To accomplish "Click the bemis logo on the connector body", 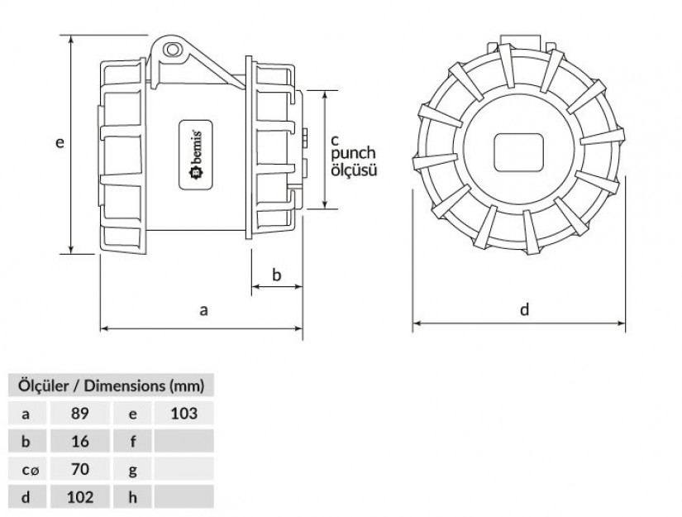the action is pyautogui.click(x=196, y=155).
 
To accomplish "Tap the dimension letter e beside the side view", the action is pyautogui.click(x=60, y=142).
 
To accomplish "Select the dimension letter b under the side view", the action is pyautogui.click(x=277, y=275).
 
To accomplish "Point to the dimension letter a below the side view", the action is pyautogui.click(x=203, y=310).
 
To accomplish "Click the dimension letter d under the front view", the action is pyautogui.click(x=525, y=309).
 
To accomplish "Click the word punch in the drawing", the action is pyautogui.click(x=353, y=153).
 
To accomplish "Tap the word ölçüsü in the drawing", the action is pyautogui.click(x=354, y=170).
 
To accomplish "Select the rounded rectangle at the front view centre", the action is pyautogui.click(x=519, y=152).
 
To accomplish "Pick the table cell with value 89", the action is pyautogui.click(x=80, y=413).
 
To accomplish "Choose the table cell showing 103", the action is pyautogui.click(x=184, y=413).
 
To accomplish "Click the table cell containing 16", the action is pyautogui.click(x=80, y=441).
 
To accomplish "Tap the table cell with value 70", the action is pyautogui.click(x=80, y=469).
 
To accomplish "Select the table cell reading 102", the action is pyautogui.click(x=80, y=496).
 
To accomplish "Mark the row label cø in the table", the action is pyautogui.click(x=30, y=470).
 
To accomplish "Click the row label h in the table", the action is pyautogui.click(x=132, y=497).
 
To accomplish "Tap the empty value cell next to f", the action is pyautogui.click(x=184, y=441).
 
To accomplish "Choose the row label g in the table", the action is pyautogui.click(x=132, y=470).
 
